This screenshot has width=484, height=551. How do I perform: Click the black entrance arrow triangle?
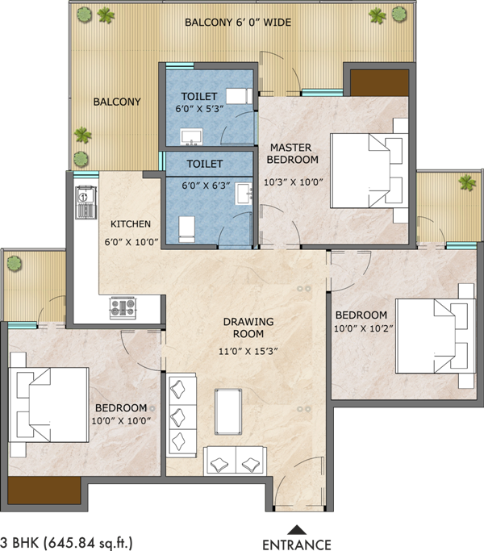click(x=297, y=530)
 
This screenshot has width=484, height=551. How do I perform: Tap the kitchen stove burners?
click(x=123, y=308)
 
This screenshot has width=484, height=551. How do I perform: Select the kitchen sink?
click(x=86, y=202)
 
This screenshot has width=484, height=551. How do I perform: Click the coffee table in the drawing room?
click(x=228, y=411)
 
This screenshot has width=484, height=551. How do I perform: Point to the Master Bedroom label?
click(x=292, y=153)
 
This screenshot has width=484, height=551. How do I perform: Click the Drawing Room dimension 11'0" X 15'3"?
click(x=248, y=351)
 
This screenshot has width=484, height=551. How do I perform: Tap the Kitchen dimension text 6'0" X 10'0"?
click(x=131, y=242)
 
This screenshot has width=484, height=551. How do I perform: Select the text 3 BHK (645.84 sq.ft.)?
click(x=66, y=542)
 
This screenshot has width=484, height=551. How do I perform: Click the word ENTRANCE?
click(x=297, y=545)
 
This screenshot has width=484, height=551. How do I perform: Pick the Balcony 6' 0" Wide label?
click(x=238, y=23)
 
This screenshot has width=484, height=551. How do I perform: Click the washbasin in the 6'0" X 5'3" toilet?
click(x=191, y=136)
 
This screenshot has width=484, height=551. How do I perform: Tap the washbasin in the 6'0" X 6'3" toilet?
click(x=244, y=194)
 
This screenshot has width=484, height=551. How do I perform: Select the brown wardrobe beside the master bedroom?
click(x=379, y=83)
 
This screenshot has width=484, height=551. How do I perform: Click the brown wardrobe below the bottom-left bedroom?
click(x=44, y=490)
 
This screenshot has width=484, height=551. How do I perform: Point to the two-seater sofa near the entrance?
click(x=235, y=460)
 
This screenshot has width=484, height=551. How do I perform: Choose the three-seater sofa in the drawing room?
click(x=181, y=415)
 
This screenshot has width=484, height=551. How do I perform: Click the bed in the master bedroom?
click(x=369, y=170)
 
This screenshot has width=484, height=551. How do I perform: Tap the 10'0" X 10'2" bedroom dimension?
click(x=364, y=328)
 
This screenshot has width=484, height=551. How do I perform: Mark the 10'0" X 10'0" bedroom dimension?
click(x=121, y=420)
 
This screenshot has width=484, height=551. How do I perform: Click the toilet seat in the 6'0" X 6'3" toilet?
click(x=186, y=229)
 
